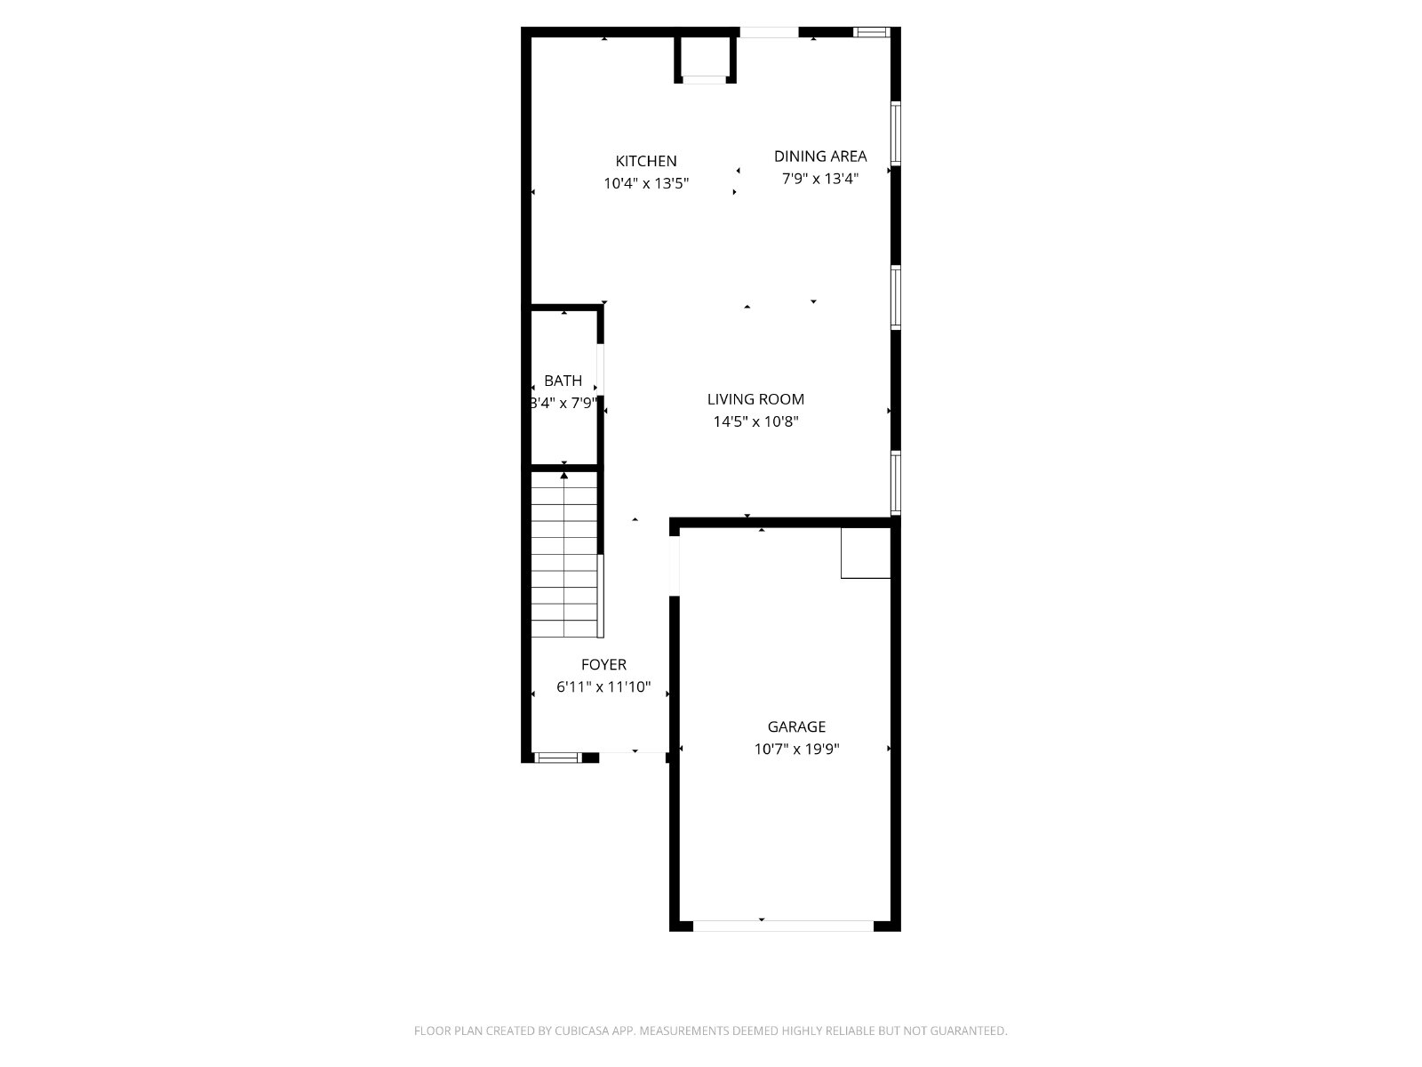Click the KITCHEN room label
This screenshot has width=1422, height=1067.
[646, 161]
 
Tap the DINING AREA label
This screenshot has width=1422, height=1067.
[820, 156]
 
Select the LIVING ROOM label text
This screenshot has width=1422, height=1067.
[755, 399]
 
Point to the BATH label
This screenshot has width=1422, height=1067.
[563, 381]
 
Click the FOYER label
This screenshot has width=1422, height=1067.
[603, 664]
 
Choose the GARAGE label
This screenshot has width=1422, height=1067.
[796, 726]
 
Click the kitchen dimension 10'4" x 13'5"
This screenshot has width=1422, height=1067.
[646, 183]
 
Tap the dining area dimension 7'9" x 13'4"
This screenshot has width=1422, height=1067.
[820, 178]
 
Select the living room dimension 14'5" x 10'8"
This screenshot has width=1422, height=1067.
[755, 421]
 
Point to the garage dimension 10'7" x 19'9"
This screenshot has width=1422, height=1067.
[796, 749]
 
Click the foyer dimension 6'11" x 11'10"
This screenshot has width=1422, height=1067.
[603, 686]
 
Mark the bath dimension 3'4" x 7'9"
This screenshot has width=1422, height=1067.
[563, 403]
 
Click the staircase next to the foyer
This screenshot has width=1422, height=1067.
[564, 555]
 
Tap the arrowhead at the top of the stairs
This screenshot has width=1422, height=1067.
[564, 476]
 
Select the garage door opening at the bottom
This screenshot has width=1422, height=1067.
[783, 926]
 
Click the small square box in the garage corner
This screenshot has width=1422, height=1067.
[866, 552]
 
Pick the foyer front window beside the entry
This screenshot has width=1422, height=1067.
[558, 758]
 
